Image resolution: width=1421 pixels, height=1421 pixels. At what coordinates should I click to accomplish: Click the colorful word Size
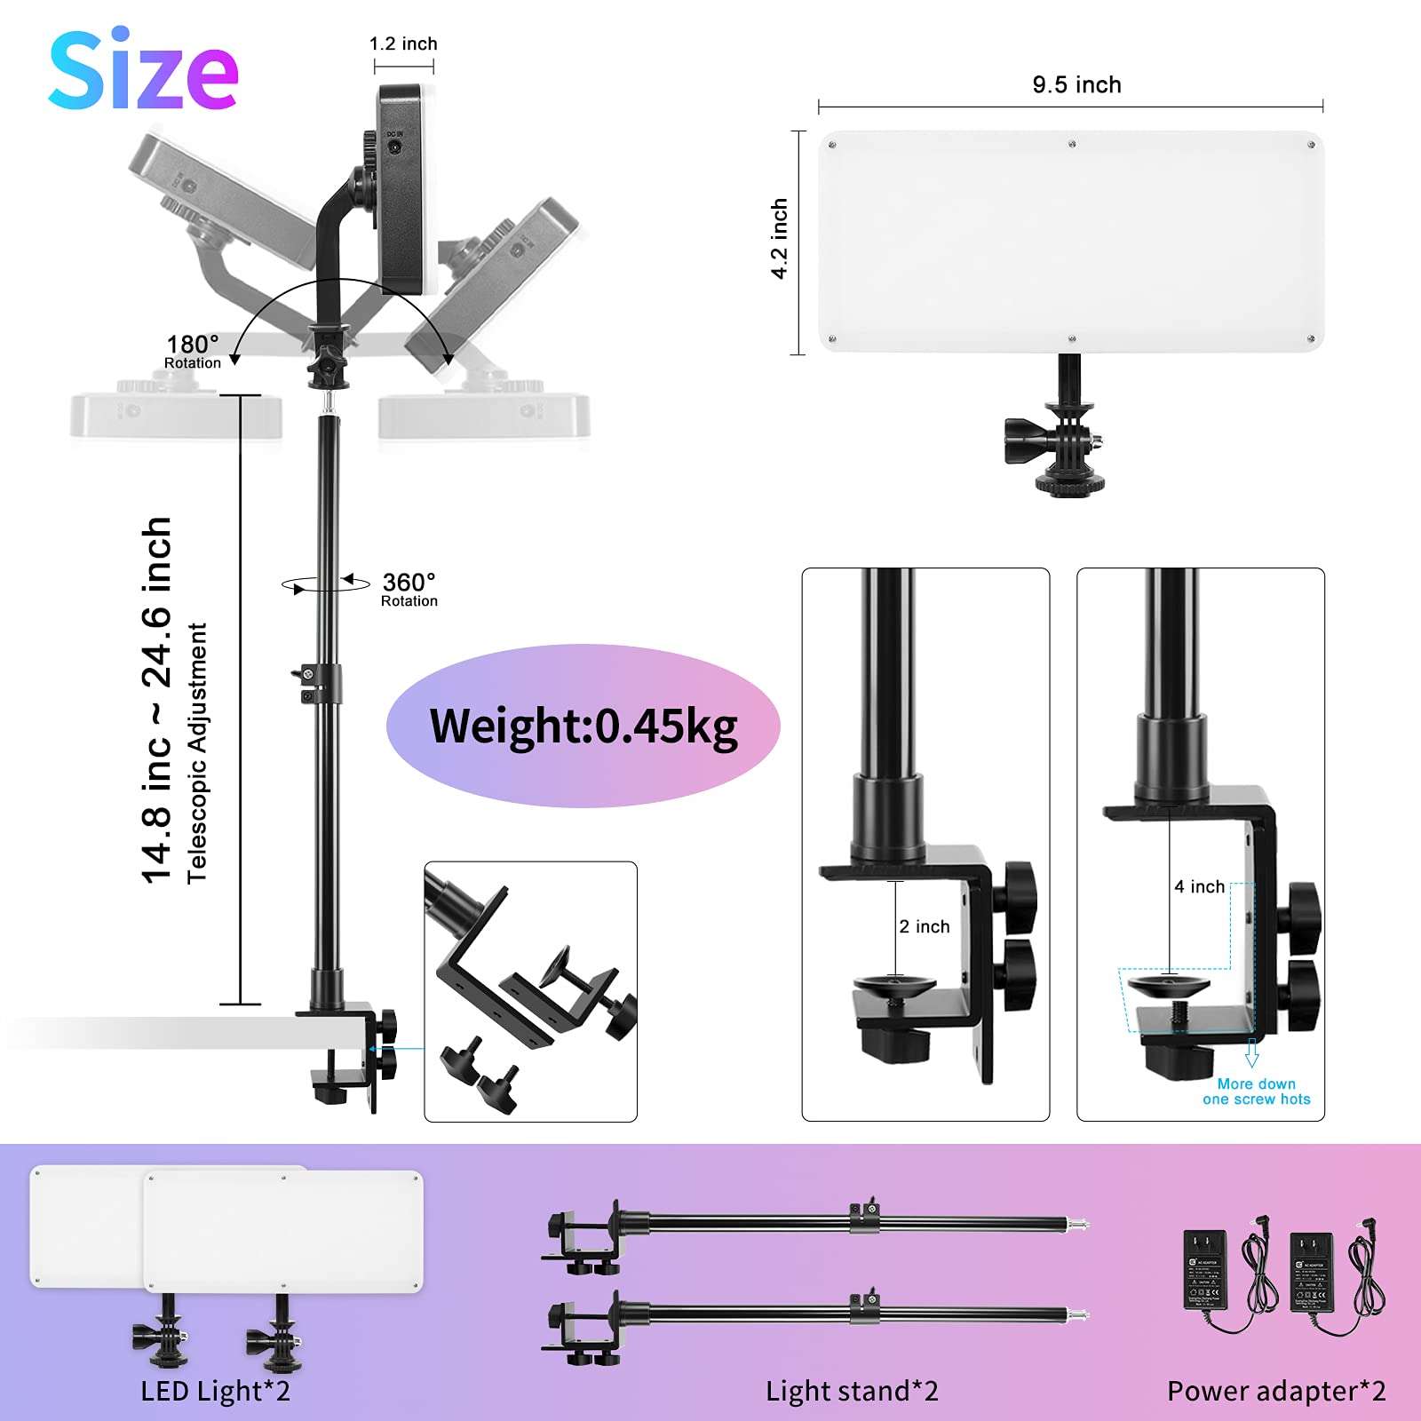coord(143,71)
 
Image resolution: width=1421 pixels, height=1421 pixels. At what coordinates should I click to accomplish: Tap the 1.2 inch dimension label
coord(403,44)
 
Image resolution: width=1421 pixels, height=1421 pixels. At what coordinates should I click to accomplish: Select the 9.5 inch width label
coord(1076,84)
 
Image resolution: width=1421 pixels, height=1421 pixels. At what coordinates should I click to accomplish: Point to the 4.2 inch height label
coord(779,238)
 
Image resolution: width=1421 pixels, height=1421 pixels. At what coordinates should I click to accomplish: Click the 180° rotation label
coord(193,351)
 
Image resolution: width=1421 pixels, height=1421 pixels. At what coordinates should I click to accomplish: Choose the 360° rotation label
coord(409,589)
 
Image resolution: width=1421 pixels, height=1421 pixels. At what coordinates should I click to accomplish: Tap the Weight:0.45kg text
coord(583,726)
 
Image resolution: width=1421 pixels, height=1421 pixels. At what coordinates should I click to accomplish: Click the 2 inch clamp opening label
coord(924,926)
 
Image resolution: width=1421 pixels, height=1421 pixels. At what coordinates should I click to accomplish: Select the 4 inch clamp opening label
coord(1199,886)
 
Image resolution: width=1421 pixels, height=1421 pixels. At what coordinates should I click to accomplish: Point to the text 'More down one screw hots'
coord(1256,1092)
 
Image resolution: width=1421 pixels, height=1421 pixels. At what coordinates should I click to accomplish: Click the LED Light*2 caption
coord(216,1391)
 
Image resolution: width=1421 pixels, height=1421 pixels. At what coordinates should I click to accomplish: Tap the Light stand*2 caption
coord(852,1391)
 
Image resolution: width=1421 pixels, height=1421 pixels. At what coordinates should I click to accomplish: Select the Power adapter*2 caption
coord(1276,1391)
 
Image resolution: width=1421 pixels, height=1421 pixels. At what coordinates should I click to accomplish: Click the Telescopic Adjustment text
coord(197,753)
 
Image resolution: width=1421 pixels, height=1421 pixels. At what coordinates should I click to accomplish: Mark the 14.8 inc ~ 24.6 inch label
coord(157,700)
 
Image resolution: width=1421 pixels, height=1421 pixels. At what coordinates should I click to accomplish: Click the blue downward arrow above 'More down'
coord(1252,1053)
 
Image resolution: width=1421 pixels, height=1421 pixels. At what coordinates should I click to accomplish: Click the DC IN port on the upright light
coord(393,147)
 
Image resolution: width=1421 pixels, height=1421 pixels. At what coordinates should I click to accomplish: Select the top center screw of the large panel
coord(1072,144)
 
